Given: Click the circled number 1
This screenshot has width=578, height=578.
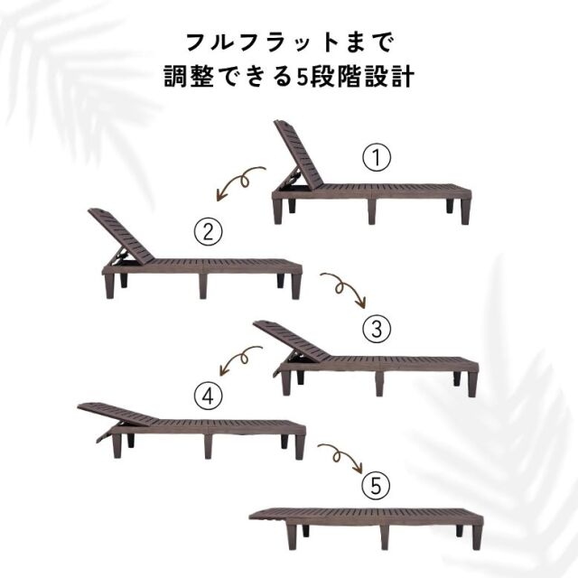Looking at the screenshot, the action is [377, 158].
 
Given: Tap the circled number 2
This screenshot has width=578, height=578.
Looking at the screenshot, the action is [208, 232].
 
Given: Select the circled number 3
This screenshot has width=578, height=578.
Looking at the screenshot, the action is [377, 329].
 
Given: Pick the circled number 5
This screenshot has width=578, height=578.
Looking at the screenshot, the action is [376, 486].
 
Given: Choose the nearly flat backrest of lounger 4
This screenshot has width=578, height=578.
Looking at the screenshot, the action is [118, 414].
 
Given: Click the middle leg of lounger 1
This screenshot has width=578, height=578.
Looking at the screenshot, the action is [372, 212].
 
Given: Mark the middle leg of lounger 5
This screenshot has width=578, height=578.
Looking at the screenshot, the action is [383, 537].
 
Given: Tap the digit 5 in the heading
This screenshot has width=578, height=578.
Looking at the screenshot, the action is [302, 77].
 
